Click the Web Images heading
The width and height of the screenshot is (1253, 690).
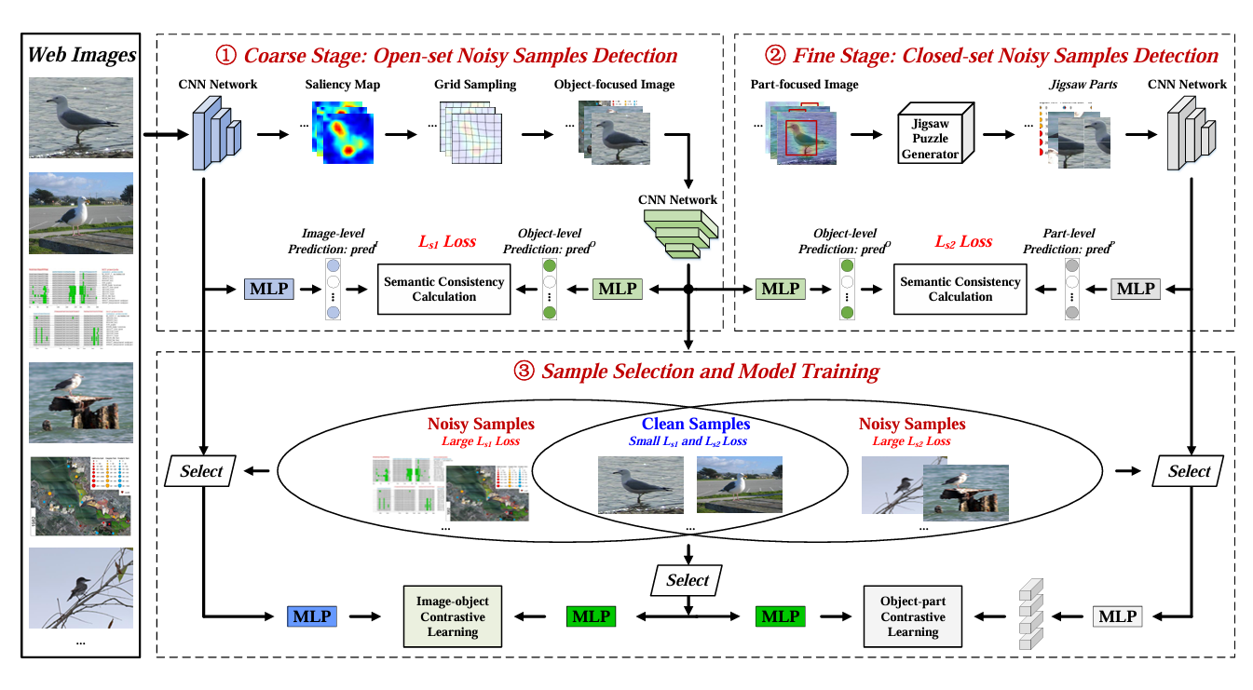(x=81, y=55)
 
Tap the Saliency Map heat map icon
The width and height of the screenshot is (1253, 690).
(x=344, y=131)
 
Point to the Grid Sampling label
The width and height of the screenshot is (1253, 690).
(x=474, y=85)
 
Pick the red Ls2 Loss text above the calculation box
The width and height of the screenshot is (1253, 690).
(x=962, y=241)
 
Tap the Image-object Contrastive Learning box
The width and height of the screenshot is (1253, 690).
(x=452, y=616)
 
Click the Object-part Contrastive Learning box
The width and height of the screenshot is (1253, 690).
(x=912, y=616)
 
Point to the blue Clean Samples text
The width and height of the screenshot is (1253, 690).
(x=695, y=424)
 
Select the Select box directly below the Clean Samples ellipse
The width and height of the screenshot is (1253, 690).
(x=688, y=580)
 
